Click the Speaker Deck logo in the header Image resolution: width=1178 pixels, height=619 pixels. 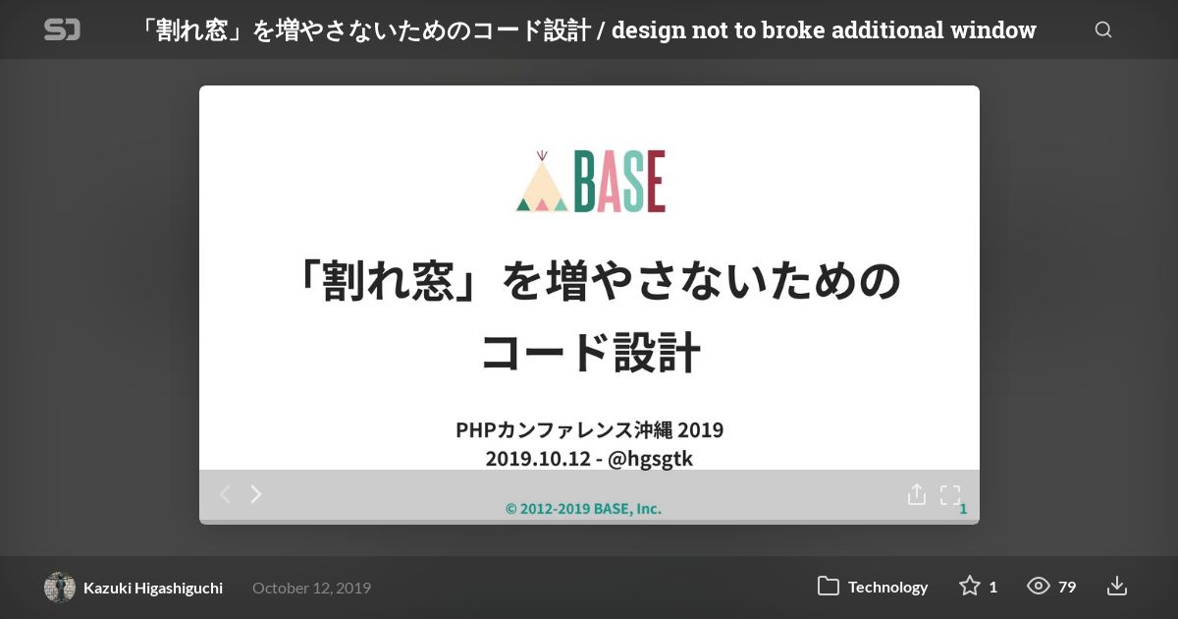click(62, 29)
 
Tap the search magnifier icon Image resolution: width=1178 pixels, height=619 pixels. click(1103, 29)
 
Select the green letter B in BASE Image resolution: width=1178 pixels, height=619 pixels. click(584, 182)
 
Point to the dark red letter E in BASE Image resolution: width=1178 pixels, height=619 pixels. click(657, 182)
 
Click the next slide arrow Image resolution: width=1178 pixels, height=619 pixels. click(256, 494)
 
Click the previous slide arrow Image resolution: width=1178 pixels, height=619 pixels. click(225, 494)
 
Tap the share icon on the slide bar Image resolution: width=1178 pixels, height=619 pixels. click(917, 494)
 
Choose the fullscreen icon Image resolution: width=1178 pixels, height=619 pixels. click(950, 495)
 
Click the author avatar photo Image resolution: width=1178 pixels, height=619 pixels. click(60, 587)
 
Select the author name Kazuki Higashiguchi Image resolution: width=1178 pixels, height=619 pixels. click(153, 588)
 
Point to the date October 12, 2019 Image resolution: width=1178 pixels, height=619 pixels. click(312, 588)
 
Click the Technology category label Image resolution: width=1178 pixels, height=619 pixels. click(887, 587)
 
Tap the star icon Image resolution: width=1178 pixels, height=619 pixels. click(969, 586)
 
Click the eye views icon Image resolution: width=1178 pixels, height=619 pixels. click(1039, 586)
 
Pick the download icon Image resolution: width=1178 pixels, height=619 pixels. click(1116, 586)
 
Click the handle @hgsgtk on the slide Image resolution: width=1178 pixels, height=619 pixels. click(650, 459)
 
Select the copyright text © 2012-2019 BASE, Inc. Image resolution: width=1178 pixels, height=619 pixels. click(583, 509)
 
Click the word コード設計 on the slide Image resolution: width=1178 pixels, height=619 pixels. click(591, 353)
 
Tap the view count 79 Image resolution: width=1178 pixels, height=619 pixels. click(1067, 587)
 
